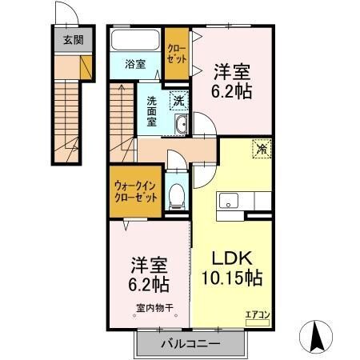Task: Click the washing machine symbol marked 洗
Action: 179,101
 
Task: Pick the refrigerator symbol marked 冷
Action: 262,148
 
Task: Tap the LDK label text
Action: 231,259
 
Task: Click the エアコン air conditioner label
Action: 257,315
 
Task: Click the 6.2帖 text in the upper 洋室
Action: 233,92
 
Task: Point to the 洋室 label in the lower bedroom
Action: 149,264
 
